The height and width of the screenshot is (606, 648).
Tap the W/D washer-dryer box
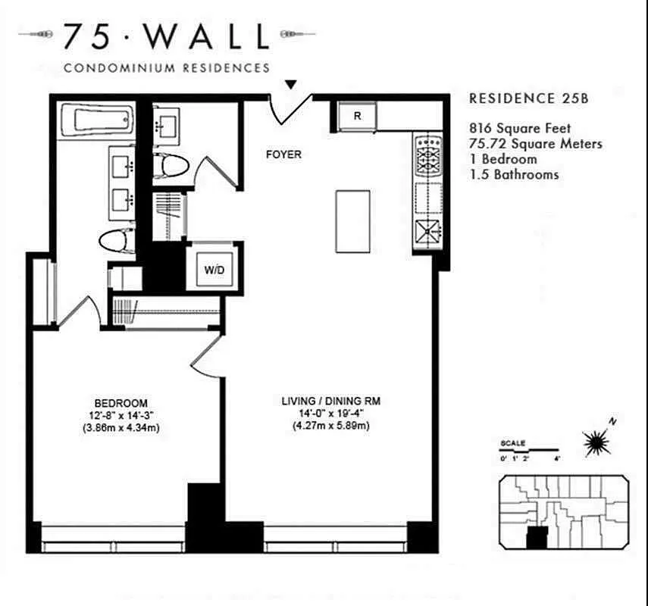coord(214,270)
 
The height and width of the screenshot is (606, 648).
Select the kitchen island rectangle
coord(352,221)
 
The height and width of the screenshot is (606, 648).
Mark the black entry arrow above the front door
coord(291,85)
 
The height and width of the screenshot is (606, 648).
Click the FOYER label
coord(283,155)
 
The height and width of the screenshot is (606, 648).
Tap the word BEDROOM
coord(121,403)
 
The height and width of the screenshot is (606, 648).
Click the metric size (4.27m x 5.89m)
coord(330,426)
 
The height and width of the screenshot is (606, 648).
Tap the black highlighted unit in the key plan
coord(536,539)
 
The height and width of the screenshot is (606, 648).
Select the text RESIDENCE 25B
coord(529,98)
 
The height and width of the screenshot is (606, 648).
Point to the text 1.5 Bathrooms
coord(514,174)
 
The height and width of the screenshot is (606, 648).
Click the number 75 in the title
coord(86,36)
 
